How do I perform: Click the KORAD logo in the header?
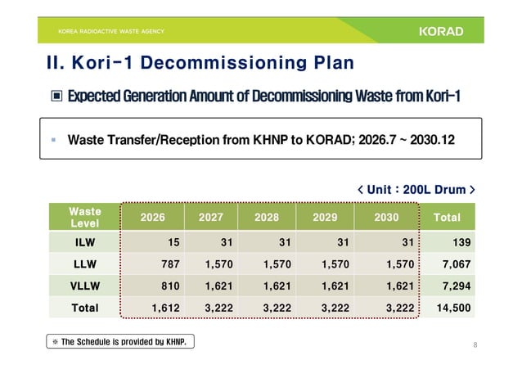440,32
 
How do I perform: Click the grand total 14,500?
453,308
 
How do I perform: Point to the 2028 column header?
266,217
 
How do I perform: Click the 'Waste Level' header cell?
83,217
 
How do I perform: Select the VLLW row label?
83,286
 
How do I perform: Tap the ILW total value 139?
460,242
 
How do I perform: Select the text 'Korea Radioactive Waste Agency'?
110,32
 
